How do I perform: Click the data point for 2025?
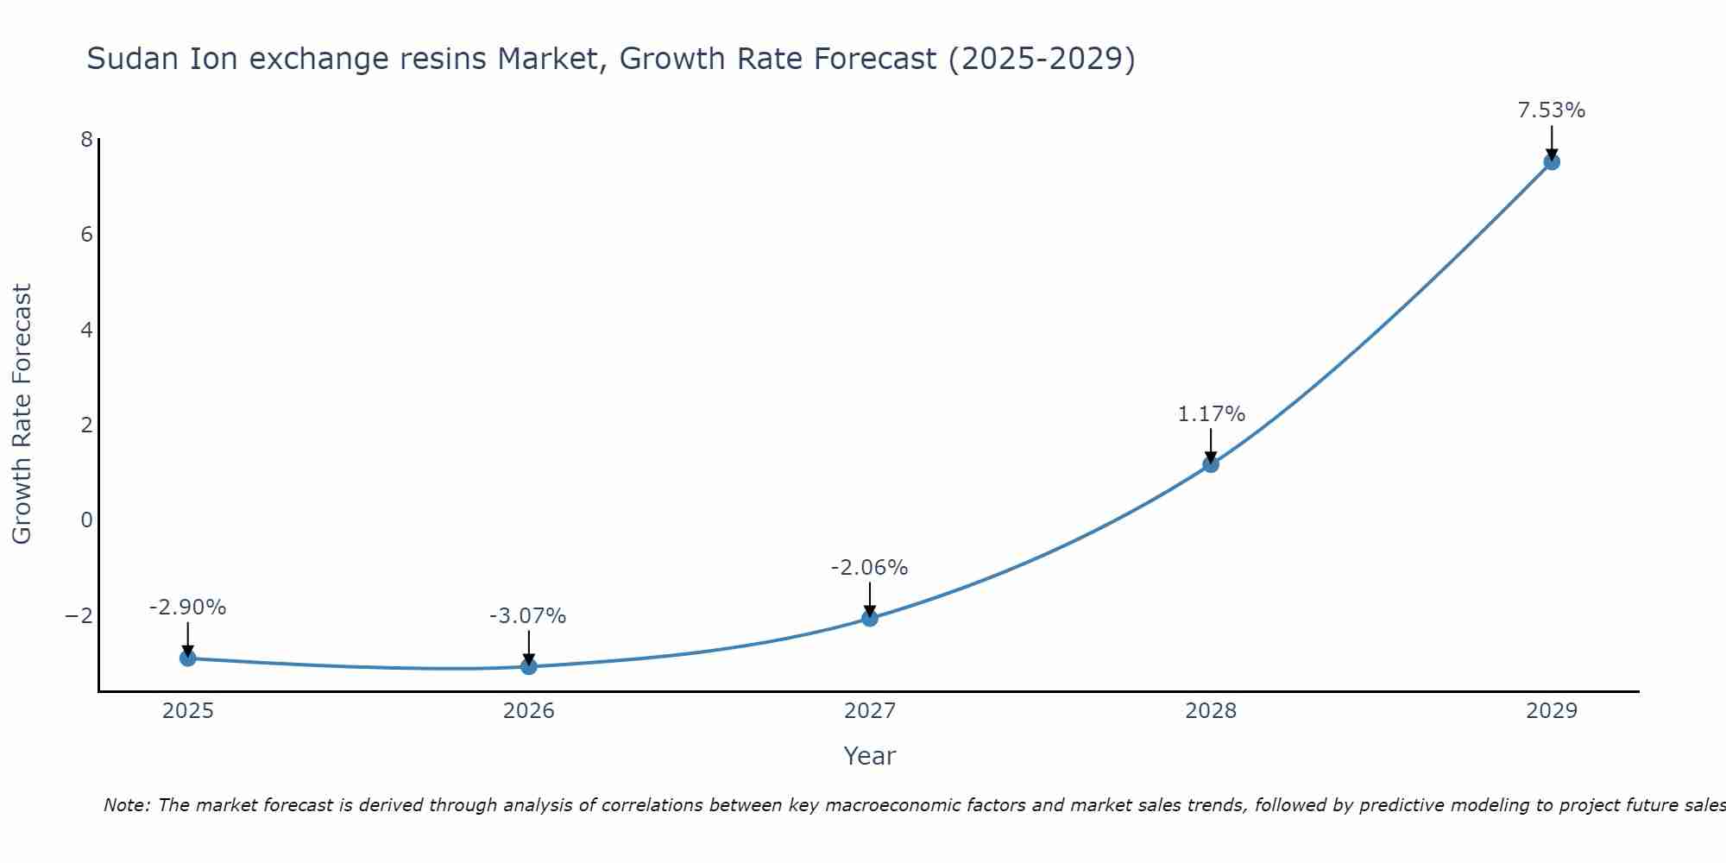coord(188,658)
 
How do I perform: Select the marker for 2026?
coord(529,666)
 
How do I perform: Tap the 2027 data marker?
coord(870,618)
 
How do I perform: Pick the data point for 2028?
coord(1211,464)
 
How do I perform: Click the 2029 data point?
coord(1552,161)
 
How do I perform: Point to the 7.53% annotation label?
coord(1552,110)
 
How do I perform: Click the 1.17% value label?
coord(1211,414)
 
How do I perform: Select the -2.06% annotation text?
coord(869,568)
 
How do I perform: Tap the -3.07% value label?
coord(527,616)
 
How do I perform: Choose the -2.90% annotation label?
coord(187,608)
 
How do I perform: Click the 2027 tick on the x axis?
coord(870,711)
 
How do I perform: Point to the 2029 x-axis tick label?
coord(1552,711)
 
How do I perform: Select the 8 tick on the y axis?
coord(86,139)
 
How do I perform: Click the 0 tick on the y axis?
coord(86,520)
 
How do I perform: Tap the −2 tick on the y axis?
coord(79,615)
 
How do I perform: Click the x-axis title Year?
coord(869,756)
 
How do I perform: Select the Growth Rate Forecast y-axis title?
coord(22,414)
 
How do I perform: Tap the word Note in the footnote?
coord(126,805)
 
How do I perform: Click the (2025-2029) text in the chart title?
coord(1042,59)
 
